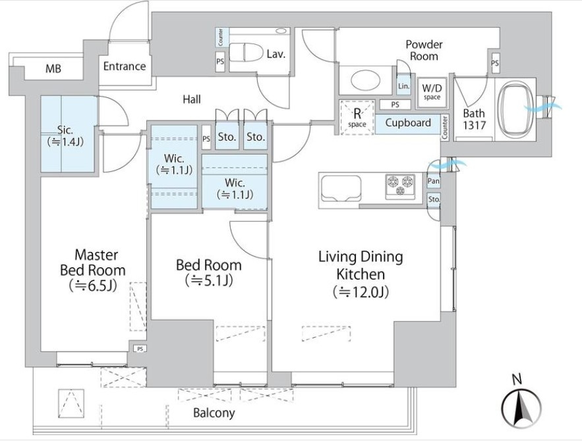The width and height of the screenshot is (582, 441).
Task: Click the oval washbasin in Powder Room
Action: point(361,81)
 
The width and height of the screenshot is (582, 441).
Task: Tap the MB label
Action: point(53,68)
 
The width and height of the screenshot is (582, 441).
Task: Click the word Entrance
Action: point(124,66)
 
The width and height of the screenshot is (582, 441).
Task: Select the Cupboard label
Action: point(408,122)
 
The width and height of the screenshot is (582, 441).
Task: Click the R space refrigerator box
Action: point(357,117)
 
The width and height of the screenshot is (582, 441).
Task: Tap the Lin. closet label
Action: point(403,86)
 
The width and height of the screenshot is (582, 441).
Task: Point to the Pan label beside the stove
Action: point(434,181)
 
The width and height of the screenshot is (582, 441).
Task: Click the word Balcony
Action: point(214,413)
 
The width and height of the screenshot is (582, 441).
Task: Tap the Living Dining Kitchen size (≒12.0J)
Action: point(361,292)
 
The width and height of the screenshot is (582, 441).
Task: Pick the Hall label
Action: point(192,99)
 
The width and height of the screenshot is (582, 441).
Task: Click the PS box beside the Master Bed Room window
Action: point(139,349)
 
